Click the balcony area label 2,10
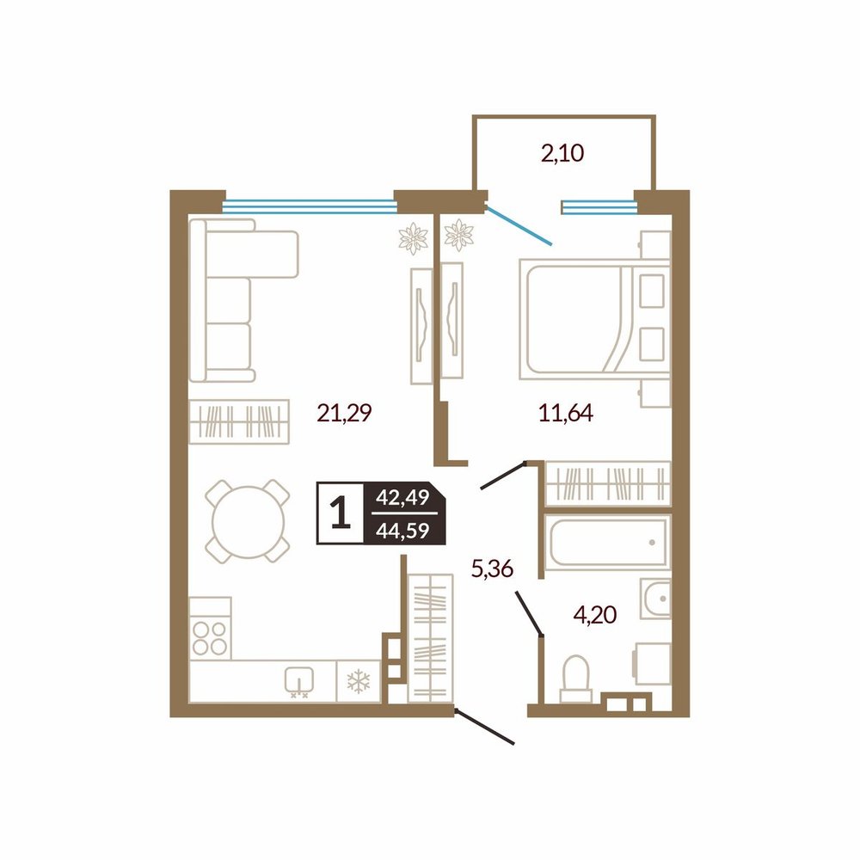pos(562,154)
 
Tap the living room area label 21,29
pos(345,413)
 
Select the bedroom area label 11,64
pos(566,413)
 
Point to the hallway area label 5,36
pos(492,568)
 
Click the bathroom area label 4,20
pos(594,615)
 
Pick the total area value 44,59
pos(402,531)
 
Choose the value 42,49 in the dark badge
pos(402,497)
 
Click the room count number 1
pos(341,513)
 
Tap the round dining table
pos(248,522)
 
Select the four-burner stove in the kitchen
pos(210,628)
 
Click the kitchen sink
pos(299,682)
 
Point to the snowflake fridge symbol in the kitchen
pos(358,682)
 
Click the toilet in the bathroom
pos(576,679)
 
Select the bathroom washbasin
pos(655,599)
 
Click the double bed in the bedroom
pos(594,319)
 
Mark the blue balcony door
pos(519,224)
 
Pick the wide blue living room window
pos(310,206)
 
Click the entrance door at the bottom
pos(484,728)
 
